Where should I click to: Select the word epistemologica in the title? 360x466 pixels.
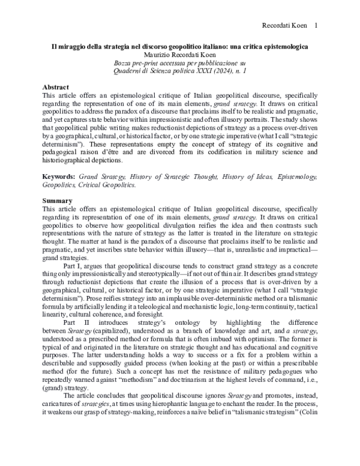point(282,46)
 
